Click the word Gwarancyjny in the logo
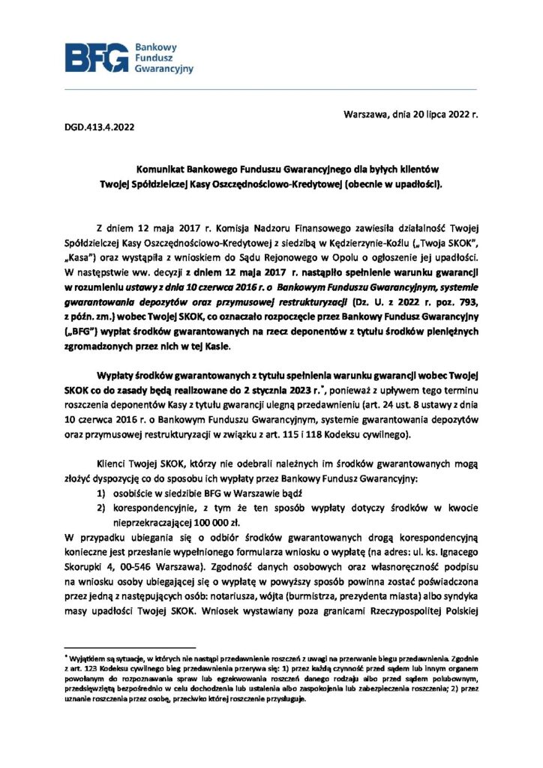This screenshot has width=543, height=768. pyautogui.click(x=163, y=68)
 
